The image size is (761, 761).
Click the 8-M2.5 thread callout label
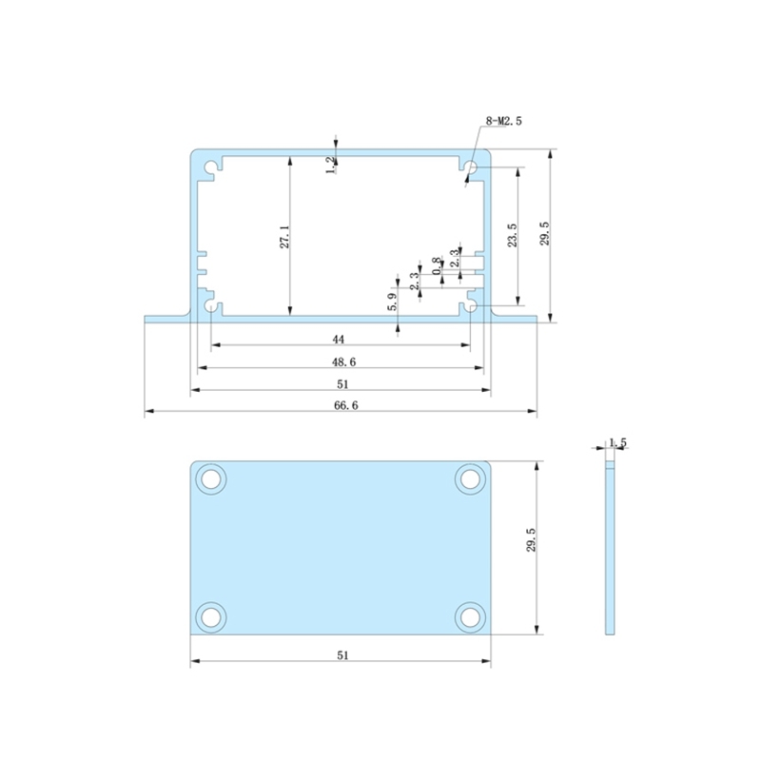504,121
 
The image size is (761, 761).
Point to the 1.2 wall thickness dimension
331,165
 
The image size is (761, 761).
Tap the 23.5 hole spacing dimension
512,235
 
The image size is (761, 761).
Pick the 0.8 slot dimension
437,266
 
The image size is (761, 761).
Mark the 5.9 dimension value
392,302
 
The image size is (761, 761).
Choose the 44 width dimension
339,339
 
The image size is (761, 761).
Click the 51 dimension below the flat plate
342,654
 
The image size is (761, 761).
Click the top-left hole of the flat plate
211,478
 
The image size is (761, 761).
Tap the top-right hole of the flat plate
469,478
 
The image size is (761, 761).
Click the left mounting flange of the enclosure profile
166,317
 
